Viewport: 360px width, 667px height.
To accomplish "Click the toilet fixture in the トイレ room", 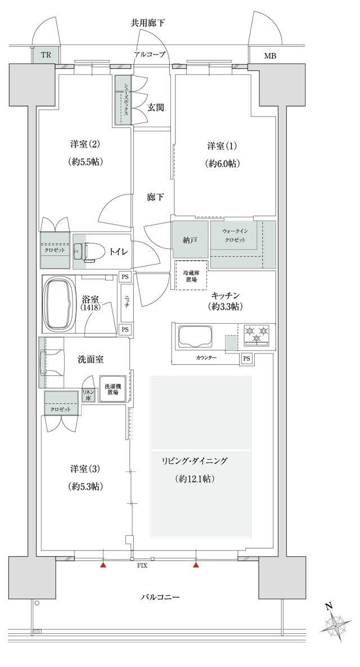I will click(88, 252).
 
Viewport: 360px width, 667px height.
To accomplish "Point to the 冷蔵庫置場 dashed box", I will click(191, 276).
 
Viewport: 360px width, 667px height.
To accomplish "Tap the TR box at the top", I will click(44, 56).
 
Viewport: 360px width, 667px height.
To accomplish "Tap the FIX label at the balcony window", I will click(142, 565).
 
